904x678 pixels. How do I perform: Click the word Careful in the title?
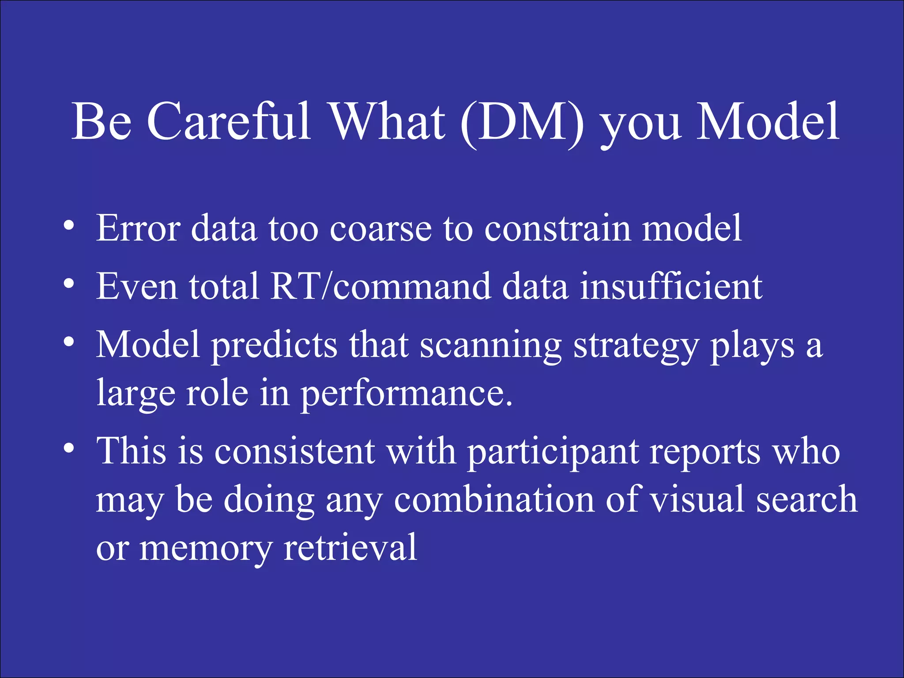pyautogui.click(x=229, y=122)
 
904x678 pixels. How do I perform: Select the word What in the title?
pyautogui.click(x=388, y=122)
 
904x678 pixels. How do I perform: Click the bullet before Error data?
pyautogui.click(x=68, y=226)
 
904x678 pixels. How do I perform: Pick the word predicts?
pyautogui.click(x=274, y=346)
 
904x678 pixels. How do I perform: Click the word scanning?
pyautogui.click(x=490, y=346)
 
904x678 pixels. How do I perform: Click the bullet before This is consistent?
pyautogui.click(x=68, y=448)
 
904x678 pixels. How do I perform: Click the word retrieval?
pyautogui.click(x=350, y=547)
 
